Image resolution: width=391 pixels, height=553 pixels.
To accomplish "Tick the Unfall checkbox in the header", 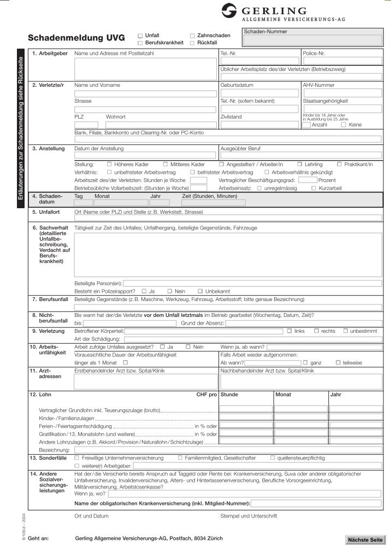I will [140, 35].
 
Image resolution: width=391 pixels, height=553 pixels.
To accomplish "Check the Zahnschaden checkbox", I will [192, 35].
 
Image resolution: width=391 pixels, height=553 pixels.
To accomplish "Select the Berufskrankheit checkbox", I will [140, 43].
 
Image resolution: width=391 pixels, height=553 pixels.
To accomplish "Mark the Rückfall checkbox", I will [192, 43].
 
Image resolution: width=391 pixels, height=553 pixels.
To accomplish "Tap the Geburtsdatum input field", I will [260, 93].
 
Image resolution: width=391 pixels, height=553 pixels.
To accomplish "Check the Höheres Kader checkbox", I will [109, 164].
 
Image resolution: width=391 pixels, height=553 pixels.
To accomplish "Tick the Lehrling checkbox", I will [300, 164].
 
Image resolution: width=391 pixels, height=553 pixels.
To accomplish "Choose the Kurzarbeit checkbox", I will [313, 188].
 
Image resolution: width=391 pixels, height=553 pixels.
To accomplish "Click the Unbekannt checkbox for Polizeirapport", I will [200, 291].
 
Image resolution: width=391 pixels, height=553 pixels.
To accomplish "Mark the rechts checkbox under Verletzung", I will [316, 331].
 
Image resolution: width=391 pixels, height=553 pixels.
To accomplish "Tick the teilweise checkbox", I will [339, 362].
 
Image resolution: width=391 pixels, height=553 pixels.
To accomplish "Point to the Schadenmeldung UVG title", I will [76, 38].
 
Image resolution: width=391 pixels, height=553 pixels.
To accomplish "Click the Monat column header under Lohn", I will [283, 394].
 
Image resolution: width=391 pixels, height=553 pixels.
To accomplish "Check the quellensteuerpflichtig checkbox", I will [272, 457].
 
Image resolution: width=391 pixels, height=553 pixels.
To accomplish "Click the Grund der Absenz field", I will [303, 323].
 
